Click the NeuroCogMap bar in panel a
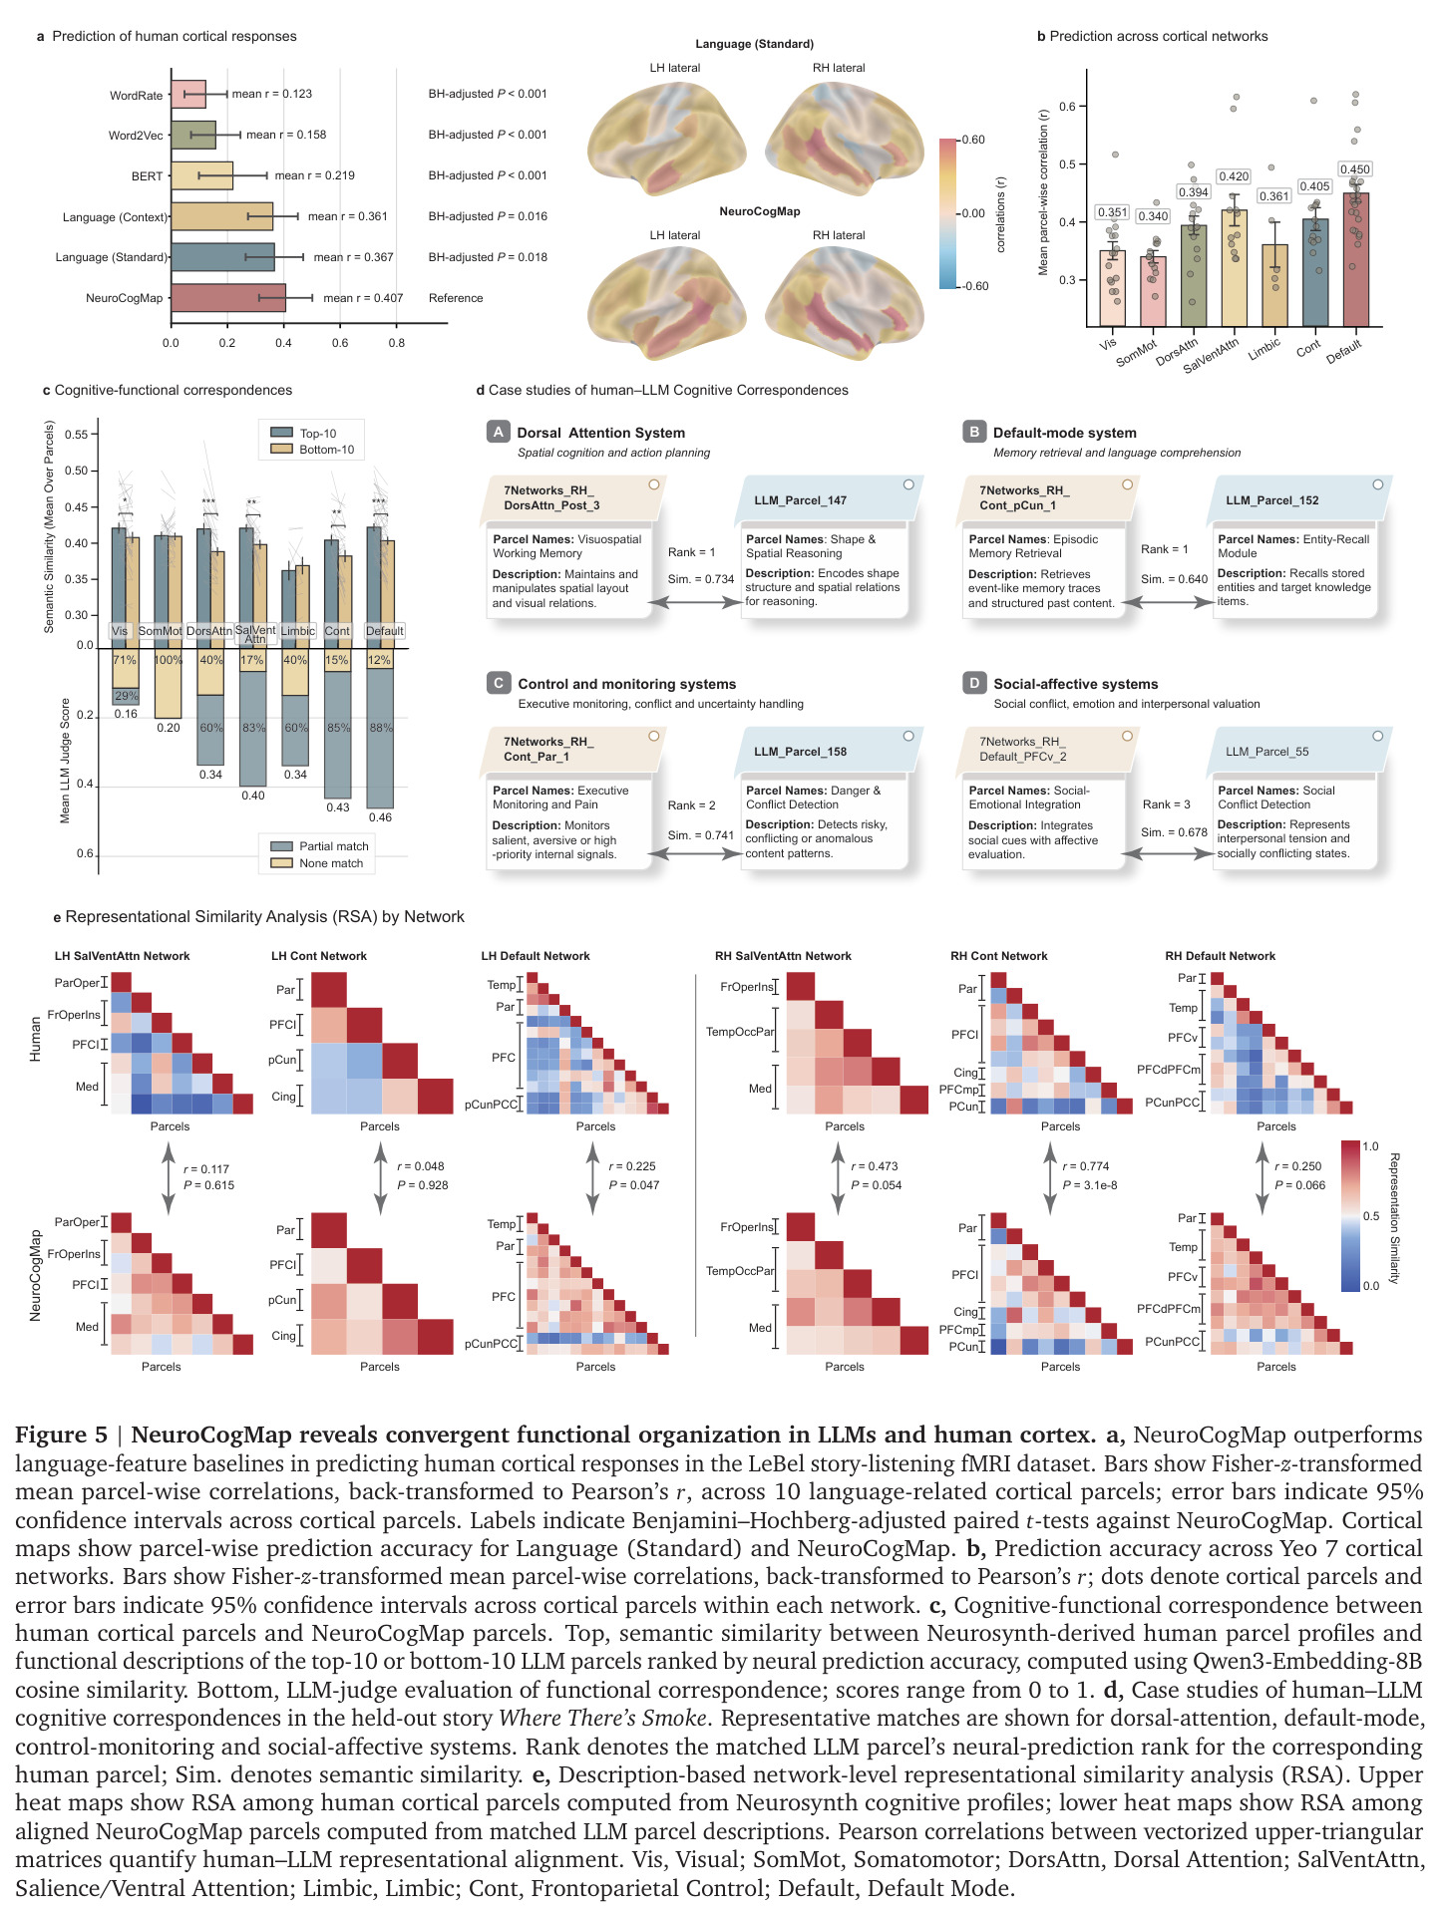pos(228,298)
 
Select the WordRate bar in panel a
pos(188,94)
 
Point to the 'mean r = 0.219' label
pos(315,175)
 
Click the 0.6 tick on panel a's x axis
pos(340,343)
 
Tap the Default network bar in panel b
pos(1355,259)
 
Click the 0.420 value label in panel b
pos(1235,176)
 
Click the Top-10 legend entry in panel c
pos(305,433)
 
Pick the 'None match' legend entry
pos(318,863)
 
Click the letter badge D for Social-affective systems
pos(973,683)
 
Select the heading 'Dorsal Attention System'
pos(600,433)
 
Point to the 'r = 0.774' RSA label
pos(1086,1166)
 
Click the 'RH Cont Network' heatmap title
pos(999,956)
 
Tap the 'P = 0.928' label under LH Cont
pos(423,1185)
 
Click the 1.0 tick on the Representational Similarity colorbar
pos(1370,1146)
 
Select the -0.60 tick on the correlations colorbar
pos(974,286)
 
